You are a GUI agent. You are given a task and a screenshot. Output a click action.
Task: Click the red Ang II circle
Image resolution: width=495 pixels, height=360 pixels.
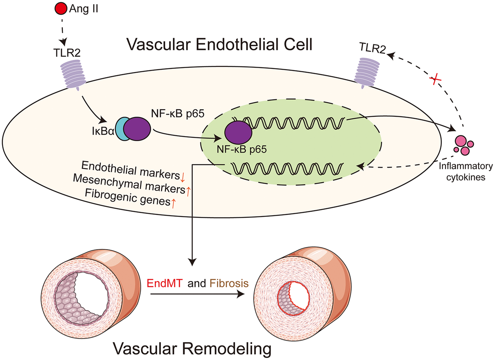(60, 7)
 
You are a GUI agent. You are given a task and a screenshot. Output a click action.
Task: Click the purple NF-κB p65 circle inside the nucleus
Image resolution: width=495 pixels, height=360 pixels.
(238, 133)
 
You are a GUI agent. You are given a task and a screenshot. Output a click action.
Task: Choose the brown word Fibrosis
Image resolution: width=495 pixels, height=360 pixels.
(230, 283)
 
